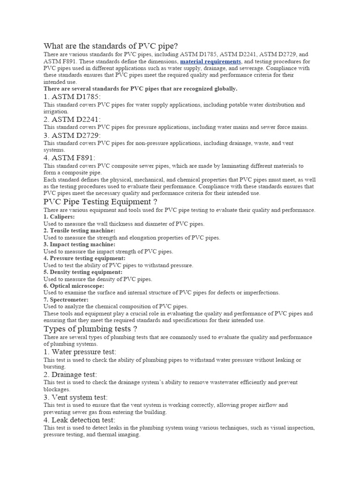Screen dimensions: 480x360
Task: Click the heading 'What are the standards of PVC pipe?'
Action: [x=111, y=46]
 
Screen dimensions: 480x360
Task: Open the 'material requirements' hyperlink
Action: [x=210, y=61]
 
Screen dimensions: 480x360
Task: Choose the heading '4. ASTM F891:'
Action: [x=69, y=158]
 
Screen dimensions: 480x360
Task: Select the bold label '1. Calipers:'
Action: [x=59, y=217]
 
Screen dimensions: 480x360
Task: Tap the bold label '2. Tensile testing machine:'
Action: [x=79, y=231]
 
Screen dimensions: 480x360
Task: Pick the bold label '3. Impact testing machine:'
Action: [x=79, y=244]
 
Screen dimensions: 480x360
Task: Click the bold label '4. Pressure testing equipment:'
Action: [x=84, y=258]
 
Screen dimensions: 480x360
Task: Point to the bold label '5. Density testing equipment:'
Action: [x=83, y=272]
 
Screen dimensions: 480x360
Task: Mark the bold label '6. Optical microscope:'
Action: [x=74, y=286]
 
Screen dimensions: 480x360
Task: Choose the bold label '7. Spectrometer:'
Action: [x=66, y=300]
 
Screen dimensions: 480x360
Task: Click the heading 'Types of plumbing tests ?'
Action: [x=90, y=329]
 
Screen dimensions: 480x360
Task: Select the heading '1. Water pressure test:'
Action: [x=80, y=352]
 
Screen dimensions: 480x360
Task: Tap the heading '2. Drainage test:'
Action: [x=70, y=375]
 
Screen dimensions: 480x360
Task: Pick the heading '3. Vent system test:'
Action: [x=75, y=397]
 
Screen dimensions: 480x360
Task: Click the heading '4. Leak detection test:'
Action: [x=79, y=420]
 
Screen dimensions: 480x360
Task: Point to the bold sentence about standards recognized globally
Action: [x=140, y=89]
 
